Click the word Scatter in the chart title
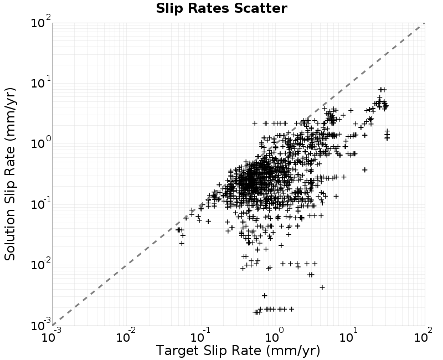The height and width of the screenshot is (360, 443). click(x=261, y=8)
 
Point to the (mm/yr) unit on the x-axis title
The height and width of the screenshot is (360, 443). click(x=293, y=351)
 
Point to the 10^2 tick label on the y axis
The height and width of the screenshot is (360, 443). click(x=40, y=22)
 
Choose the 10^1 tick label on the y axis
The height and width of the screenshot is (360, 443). click(x=40, y=82)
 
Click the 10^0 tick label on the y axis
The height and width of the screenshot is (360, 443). click(x=40, y=143)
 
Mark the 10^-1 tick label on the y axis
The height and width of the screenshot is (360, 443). click(x=40, y=203)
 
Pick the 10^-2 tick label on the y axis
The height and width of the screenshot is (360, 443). click(x=40, y=264)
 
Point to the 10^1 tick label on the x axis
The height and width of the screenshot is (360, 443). click(x=350, y=336)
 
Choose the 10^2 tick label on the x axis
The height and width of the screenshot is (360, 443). click(x=423, y=336)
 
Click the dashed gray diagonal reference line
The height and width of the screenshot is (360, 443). click(x=239, y=174)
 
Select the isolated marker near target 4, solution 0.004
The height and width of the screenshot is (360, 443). click(x=322, y=287)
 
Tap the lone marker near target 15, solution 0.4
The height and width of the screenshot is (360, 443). click(x=365, y=170)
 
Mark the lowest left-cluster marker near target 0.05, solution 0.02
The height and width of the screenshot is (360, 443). click(x=182, y=243)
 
